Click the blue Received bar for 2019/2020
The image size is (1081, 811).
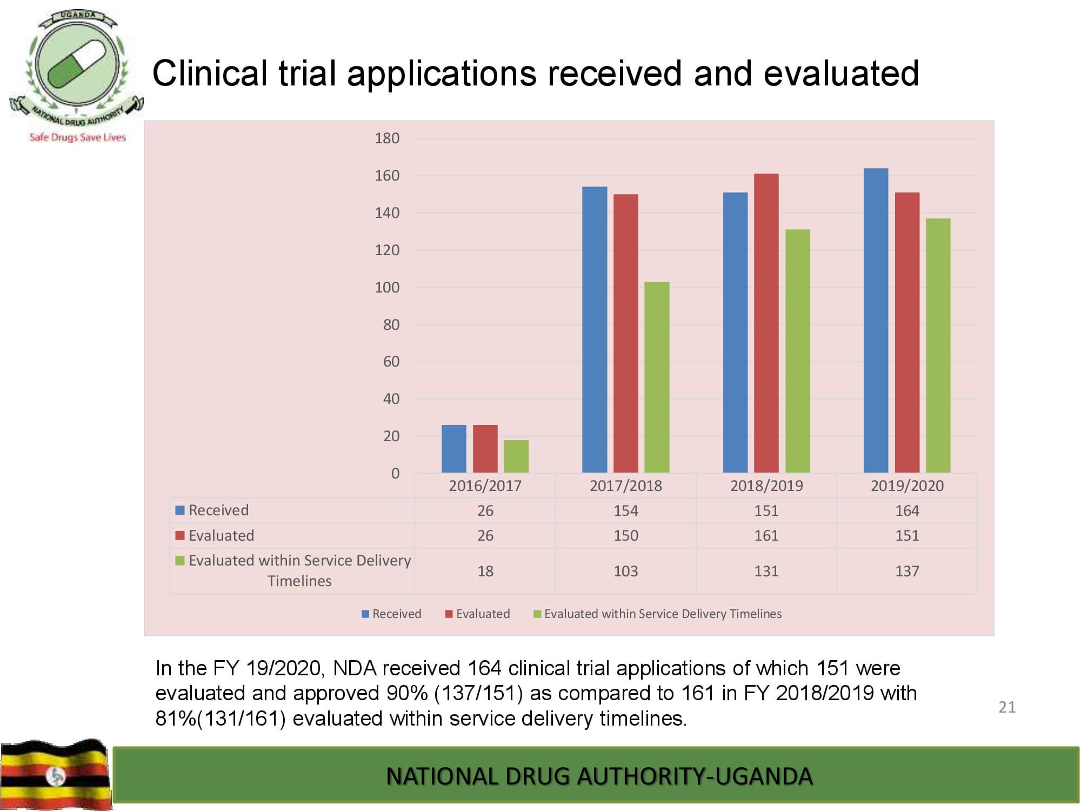click(876, 321)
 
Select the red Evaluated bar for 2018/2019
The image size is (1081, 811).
click(766, 323)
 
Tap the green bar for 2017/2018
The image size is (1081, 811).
click(657, 377)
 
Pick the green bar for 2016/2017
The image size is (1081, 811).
click(516, 456)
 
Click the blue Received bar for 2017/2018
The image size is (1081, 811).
click(595, 330)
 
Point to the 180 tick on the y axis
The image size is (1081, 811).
click(387, 138)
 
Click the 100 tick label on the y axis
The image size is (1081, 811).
click(387, 287)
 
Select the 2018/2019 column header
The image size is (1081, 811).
click(766, 486)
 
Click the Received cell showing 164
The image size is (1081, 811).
click(907, 510)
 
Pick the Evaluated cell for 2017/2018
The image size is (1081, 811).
click(626, 535)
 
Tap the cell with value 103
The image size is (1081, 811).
click(626, 571)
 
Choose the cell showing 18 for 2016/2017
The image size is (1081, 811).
click(485, 571)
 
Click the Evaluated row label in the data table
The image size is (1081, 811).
click(221, 535)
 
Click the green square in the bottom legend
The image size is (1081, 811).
click(537, 614)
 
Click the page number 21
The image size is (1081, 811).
click(1007, 707)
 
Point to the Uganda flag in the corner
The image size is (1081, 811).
click(55, 774)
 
